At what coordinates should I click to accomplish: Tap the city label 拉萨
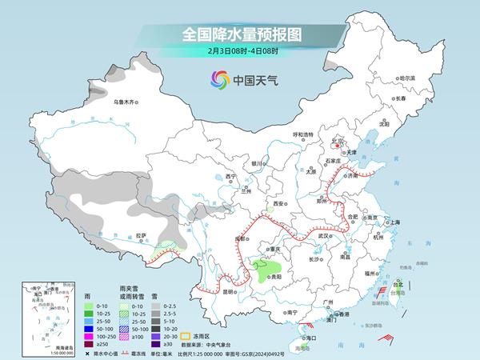click(x=141, y=236)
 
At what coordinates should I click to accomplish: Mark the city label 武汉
click(x=323, y=237)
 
